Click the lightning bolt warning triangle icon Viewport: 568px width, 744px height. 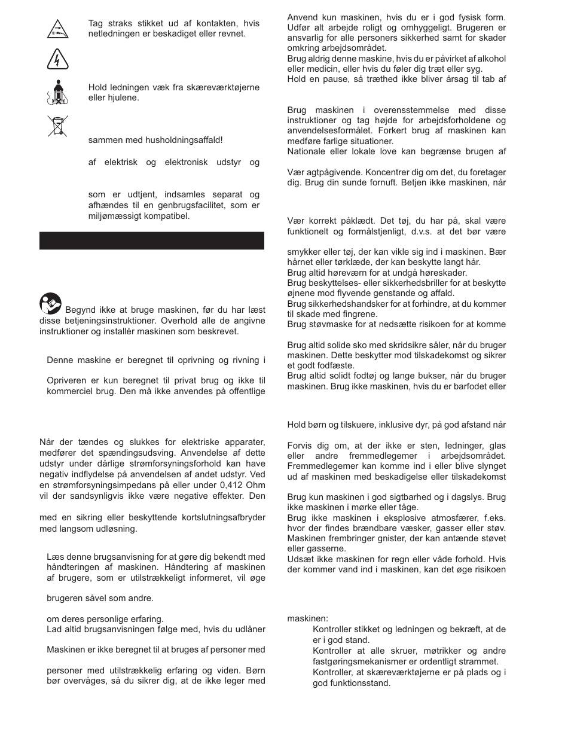pos(57,60)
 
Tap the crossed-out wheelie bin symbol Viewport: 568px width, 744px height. pos(57,125)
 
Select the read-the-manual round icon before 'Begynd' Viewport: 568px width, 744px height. pos(51,304)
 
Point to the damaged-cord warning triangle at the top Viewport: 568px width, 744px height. pos(57,28)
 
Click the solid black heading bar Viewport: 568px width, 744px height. pos(151,240)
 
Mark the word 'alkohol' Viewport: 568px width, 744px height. pos(491,59)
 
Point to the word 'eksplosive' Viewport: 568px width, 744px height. pos(388,517)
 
